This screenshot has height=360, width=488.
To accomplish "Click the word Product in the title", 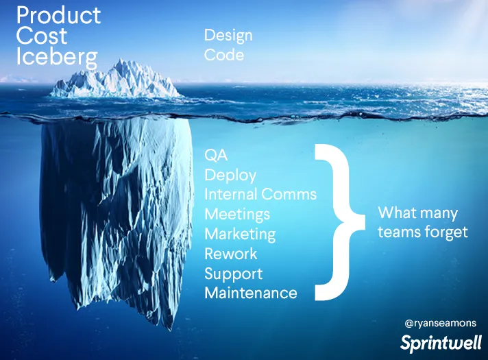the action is pos(58,15).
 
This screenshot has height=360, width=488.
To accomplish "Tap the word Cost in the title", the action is pos(41,36).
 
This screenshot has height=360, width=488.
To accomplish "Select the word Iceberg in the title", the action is pos(57,58).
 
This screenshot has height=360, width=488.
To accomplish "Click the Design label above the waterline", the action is pos(228,36).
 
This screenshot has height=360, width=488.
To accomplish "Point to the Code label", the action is pos(224,55).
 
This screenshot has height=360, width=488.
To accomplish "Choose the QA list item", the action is pos(216,155).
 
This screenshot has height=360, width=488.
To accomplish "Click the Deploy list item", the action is pos(230,176).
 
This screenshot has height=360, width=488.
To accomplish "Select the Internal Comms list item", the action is pos(260,194).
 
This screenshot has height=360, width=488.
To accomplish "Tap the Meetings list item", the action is pos(237,215).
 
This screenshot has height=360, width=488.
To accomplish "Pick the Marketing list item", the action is pos(240,235).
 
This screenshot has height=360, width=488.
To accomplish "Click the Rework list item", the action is pos(231,254).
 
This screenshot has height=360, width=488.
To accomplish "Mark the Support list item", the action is pos(234,274).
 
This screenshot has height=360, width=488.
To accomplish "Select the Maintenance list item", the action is pos(251,293).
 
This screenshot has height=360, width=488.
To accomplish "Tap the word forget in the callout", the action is pos(446,232).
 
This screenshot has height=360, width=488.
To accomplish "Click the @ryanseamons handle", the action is pos(441,323).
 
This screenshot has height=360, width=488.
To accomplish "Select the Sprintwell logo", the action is pos(441,343).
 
